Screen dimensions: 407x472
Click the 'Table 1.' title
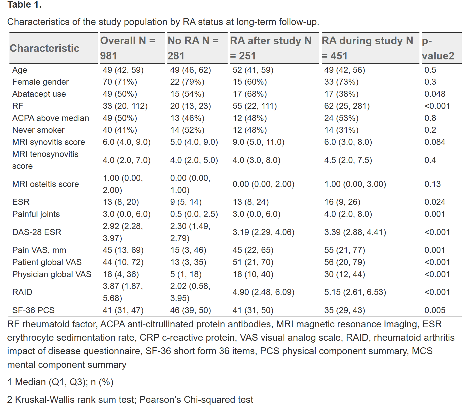point(24,4)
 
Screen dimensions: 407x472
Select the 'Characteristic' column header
point(44,48)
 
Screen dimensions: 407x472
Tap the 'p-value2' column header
point(438,48)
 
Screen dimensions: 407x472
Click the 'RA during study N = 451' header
point(367,48)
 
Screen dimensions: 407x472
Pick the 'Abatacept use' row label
point(39,94)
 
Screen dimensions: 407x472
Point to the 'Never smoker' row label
point(38,130)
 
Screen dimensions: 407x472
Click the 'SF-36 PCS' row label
point(33,310)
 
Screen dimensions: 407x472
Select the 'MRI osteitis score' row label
point(45,184)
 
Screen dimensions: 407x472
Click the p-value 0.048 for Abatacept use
point(435,94)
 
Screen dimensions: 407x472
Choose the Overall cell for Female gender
point(120,82)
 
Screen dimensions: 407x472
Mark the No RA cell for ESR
point(186,202)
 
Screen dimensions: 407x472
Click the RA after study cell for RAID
point(263,292)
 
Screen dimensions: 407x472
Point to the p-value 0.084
point(435,142)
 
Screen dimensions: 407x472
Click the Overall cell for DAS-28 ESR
point(123,232)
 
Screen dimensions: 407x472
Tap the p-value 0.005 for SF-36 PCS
point(435,310)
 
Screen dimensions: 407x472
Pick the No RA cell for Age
point(191,70)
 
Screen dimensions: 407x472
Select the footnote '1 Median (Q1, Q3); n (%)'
point(60,382)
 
